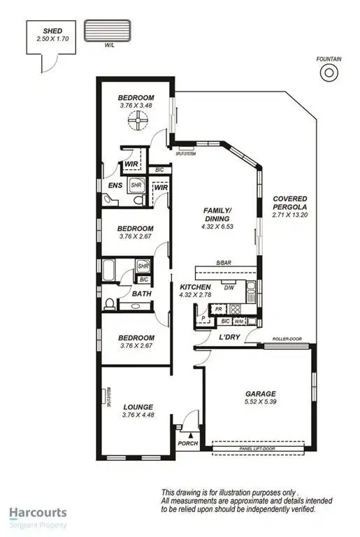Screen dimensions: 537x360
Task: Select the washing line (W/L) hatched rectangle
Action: coord(108,31)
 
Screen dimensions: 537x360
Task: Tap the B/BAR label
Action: coord(224,263)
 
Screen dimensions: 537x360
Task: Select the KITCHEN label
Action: coord(195,287)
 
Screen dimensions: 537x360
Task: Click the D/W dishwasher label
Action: coord(229,287)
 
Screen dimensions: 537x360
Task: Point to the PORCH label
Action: coord(187,443)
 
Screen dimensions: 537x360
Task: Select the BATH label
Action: coord(142,305)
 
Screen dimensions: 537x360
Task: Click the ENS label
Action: coord(115,185)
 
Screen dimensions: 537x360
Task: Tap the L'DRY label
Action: coord(231,338)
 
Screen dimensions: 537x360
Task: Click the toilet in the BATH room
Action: coord(110,304)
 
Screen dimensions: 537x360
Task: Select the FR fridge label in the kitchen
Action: coord(218,308)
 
